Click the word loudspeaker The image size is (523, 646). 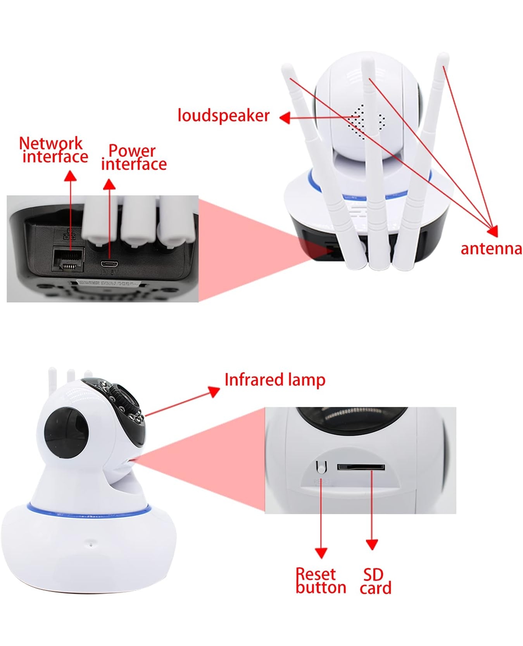(223, 116)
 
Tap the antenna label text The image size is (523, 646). (491, 249)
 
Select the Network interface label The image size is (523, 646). (54, 150)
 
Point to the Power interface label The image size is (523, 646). (134, 157)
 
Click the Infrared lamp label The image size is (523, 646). (274, 380)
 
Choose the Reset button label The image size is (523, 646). (320, 581)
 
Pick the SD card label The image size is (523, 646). (375, 581)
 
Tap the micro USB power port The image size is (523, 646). (110, 264)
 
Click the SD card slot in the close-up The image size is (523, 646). (361, 467)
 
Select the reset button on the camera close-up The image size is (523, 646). (321, 467)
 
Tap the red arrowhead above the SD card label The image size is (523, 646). (372, 545)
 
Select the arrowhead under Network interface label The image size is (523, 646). (70, 176)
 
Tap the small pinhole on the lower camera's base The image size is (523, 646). (91, 543)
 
